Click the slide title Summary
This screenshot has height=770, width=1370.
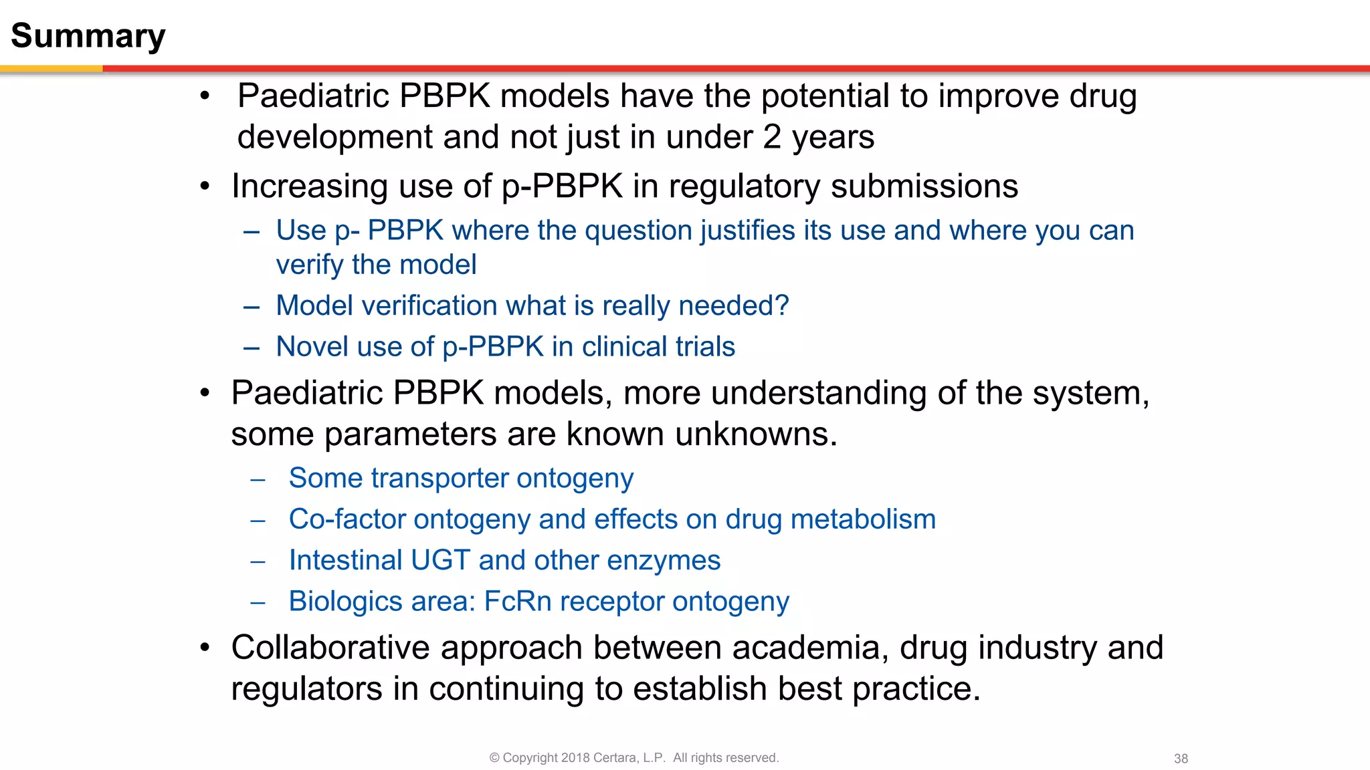(x=88, y=36)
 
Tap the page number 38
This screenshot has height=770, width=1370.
(x=1181, y=759)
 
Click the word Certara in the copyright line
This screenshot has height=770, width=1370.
(x=615, y=758)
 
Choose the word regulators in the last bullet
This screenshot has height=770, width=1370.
(x=306, y=688)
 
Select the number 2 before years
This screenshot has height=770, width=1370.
(x=772, y=137)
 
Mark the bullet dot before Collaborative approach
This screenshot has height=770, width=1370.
(x=205, y=648)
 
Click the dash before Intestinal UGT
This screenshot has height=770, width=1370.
(x=258, y=561)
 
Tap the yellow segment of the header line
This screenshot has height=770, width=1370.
(x=51, y=68)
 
